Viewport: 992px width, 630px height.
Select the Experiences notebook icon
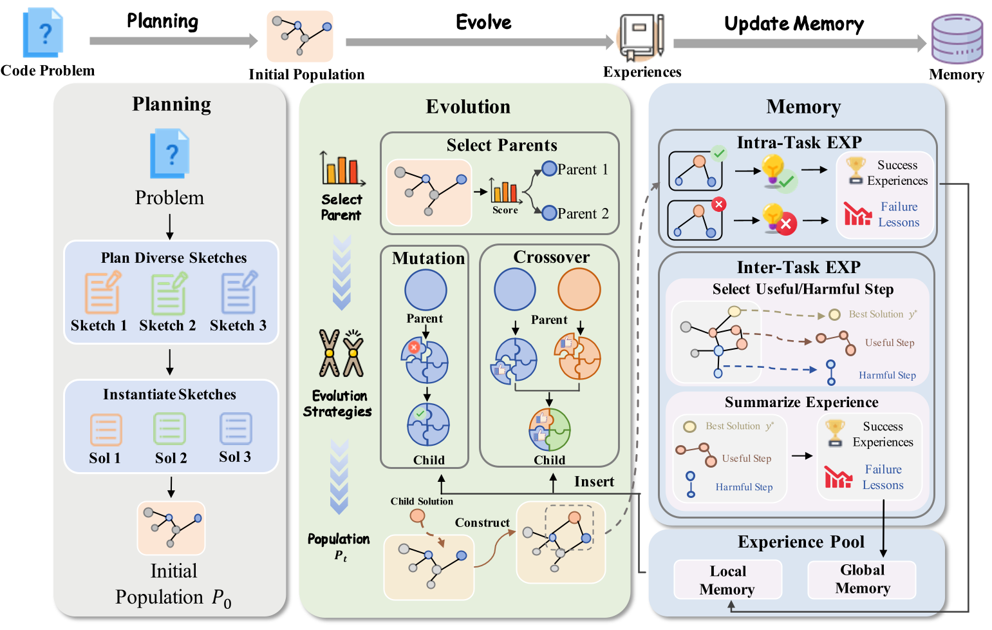pyautogui.click(x=641, y=37)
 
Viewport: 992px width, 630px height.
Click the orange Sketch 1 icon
pyautogui.click(x=102, y=292)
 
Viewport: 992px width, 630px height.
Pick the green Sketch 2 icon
pyautogui.click(x=169, y=293)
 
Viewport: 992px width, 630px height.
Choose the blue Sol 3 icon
pyautogui.click(x=236, y=429)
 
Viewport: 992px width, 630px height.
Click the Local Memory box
pyautogui.click(x=727, y=580)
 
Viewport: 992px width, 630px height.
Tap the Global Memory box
pyautogui.click(x=862, y=579)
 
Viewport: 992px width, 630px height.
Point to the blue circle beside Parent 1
pyautogui.click(x=549, y=169)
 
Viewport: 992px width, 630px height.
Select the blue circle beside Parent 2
pyautogui.click(x=549, y=213)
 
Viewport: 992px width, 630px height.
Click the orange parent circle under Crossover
pyautogui.click(x=579, y=289)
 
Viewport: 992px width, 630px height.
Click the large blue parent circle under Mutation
pyautogui.click(x=426, y=289)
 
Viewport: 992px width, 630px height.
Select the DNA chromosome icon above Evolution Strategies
pyautogui.click(x=341, y=353)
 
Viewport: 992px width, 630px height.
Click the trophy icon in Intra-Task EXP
pyautogui.click(x=856, y=171)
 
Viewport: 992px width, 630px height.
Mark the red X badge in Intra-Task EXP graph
pyautogui.click(x=719, y=204)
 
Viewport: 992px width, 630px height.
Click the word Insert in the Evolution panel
pyautogui.click(x=594, y=482)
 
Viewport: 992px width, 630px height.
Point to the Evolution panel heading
pyautogui.click(x=468, y=107)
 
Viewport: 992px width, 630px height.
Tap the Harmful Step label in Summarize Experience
pyautogui.click(x=744, y=487)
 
